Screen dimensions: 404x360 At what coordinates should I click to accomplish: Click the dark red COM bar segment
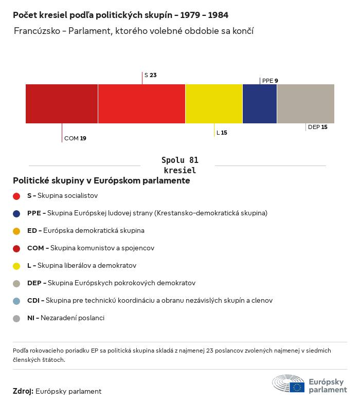click(62, 104)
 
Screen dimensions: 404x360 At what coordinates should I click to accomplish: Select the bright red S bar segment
click(141, 104)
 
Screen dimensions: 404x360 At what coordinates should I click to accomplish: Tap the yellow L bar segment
click(214, 104)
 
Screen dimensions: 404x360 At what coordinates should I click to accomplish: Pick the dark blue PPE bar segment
click(260, 104)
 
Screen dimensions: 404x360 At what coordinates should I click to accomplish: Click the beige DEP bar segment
click(305, 104)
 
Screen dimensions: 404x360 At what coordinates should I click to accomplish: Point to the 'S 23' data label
click(150, 75)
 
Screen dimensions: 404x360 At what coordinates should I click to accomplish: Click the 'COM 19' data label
click(75, 138)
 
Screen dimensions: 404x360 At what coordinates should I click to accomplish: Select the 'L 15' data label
click(222, 133)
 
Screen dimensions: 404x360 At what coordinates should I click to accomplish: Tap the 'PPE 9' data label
click(270, 81)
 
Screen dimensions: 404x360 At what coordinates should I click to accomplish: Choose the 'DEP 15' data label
click(317, 127)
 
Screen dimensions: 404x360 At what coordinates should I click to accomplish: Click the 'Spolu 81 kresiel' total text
click(180, 165)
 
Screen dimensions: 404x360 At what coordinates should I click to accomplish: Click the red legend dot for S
click(16, 196)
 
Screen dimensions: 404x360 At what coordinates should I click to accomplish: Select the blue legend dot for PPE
click(16, 213)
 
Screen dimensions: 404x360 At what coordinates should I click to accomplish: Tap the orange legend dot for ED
click(16, 231)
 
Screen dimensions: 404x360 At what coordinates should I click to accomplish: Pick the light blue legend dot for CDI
click(16, 301)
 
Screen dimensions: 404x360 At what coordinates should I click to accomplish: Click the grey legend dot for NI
click(16, 318)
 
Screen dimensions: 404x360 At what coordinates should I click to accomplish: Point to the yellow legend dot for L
click(16, 266)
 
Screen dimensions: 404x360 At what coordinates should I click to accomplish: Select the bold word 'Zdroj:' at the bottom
click(23, 391)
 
